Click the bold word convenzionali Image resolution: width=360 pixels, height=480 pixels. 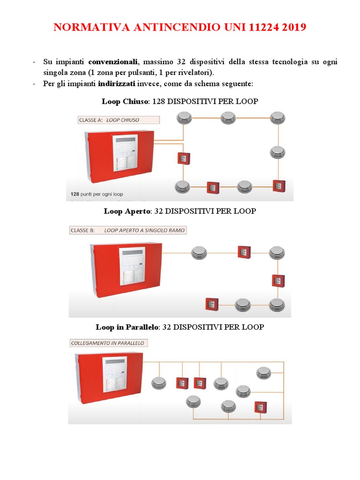coord(113,62)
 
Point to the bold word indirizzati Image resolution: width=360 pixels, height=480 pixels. coord(117,83)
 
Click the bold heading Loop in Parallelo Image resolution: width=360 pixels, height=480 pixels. coord(127,327)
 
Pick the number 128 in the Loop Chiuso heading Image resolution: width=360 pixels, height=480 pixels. coord(160,101)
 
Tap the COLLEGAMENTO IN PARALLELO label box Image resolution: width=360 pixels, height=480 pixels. coord(108,343)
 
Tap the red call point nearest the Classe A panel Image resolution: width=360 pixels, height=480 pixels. coord(182,158)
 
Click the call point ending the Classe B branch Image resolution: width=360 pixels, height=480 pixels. coord(212,304)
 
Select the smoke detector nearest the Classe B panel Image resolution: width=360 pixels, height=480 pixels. coord(199,253)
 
